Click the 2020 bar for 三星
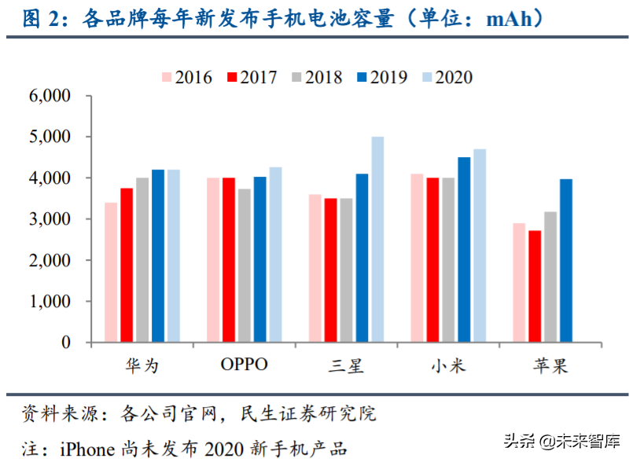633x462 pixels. point(377,240)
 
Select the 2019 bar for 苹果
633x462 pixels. point(565,261)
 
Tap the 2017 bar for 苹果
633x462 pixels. point(535,287)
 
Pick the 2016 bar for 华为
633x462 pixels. point(111,273)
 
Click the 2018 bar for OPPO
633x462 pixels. point(245,266)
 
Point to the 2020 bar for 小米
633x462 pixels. point(480,246)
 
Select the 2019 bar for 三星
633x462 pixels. point(362,258)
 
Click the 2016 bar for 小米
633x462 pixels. point(417,258)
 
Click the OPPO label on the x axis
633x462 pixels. point(244,365)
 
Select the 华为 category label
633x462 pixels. point(142,365)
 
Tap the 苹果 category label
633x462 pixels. point(550,365)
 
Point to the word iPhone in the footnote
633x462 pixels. point(89,449)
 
